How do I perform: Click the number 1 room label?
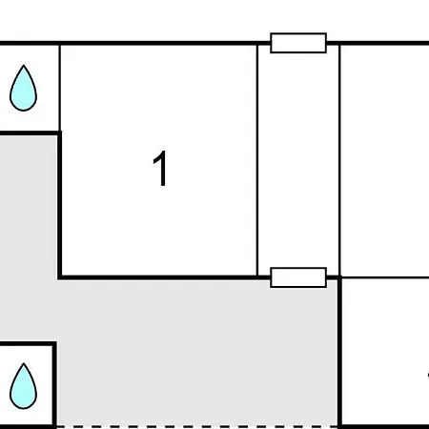click(x=160, y=168)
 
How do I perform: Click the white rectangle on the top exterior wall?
click(x=298, y=43)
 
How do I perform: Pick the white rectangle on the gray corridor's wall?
click(x=298, y=277)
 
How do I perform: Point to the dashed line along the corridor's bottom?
click(x=197, y=426)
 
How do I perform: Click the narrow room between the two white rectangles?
click(x=298, y=160)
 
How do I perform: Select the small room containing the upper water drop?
click(x=30, y=88)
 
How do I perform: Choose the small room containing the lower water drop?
click(x=26, y=385)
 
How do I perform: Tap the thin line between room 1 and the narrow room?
click(x=257, y=160)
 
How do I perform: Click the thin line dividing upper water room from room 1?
click(x=60, y=88)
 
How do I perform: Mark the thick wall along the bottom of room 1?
click(x=164, y=277)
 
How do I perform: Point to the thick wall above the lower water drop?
click(x=28, y=343)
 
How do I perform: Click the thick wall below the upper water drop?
click(x=31, y=133)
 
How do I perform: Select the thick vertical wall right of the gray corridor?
click(x=339, y=352)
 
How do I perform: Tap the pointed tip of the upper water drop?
click(x=24, y=66)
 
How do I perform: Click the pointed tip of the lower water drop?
click(x=24, y=363)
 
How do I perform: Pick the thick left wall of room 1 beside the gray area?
click(x=60, y=205)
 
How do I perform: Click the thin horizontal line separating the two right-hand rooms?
click(x=385, y=277)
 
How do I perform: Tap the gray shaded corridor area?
click(x=197, y=350)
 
